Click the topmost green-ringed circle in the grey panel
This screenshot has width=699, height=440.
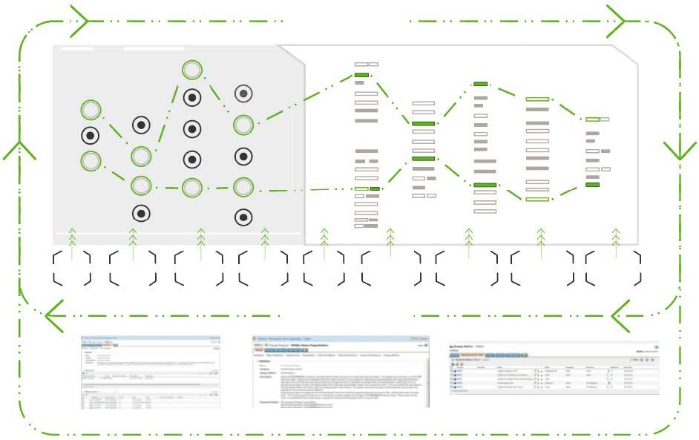pos(192,70)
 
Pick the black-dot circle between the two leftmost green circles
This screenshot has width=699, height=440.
pos(91,136)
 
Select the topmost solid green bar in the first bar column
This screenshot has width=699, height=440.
pos(362,76)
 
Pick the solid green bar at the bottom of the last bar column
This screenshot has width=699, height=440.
pos(592,185)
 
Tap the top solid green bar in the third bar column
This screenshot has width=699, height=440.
pos(481,85)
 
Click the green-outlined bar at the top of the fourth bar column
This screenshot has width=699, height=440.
pos(536,99)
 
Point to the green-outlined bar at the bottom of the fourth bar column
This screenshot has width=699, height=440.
pos(536,199)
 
